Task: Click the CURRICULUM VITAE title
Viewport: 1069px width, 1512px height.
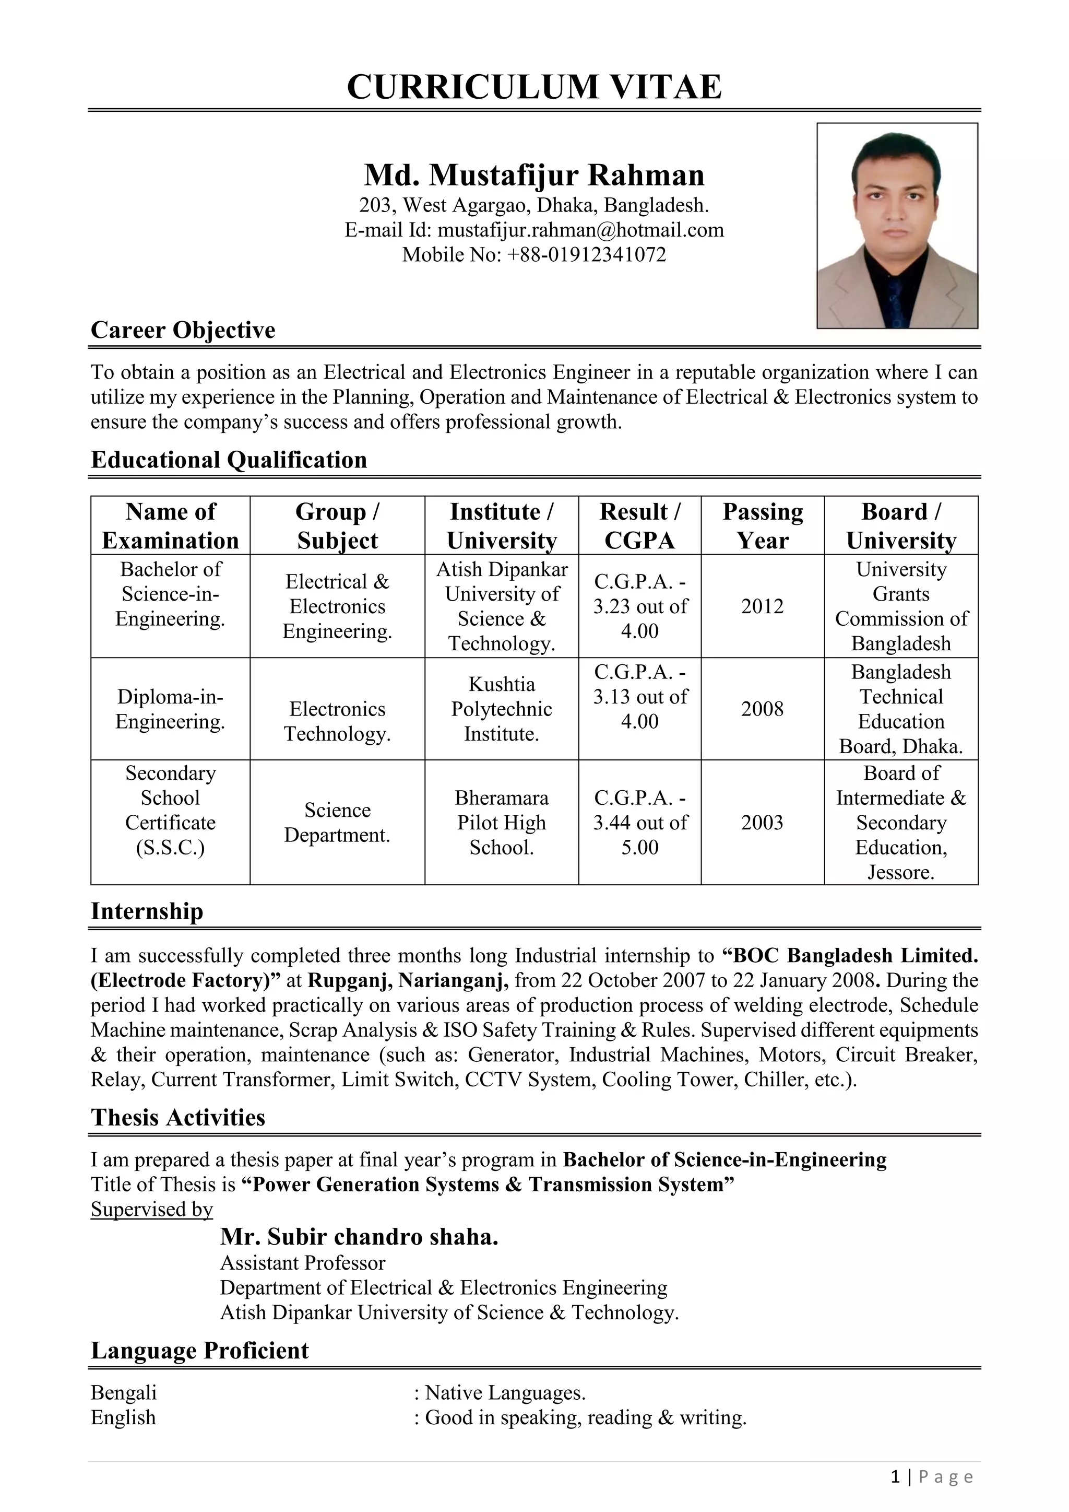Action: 534,87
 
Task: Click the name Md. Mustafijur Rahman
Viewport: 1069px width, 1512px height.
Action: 534,175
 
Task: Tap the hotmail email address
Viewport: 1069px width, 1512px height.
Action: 580,230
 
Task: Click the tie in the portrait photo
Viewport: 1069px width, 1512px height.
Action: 896,296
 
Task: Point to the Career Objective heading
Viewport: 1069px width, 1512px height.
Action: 183,330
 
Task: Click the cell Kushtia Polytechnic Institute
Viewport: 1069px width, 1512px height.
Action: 502,709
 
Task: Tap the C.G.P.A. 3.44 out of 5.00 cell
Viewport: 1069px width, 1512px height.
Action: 640,822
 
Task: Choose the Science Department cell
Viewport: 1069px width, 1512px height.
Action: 337,822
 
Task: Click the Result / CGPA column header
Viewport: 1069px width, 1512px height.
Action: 640,525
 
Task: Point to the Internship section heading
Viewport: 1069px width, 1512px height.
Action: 147,911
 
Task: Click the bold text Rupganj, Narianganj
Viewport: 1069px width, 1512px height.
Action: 408,980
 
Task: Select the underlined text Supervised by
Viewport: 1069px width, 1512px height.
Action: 152,1209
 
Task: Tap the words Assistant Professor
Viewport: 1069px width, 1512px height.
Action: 302,1263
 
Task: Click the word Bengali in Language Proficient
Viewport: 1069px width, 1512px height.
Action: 124,1393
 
